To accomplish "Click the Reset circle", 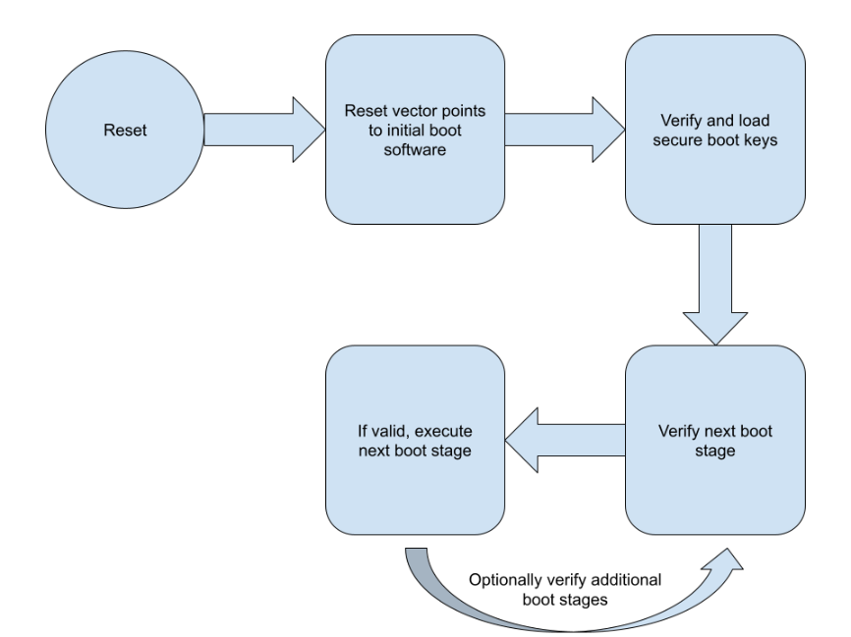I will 125,130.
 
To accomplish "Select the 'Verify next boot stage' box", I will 714,491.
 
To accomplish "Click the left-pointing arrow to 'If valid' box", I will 565,440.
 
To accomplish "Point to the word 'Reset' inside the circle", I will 125,130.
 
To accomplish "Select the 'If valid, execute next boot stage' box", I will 415,491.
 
